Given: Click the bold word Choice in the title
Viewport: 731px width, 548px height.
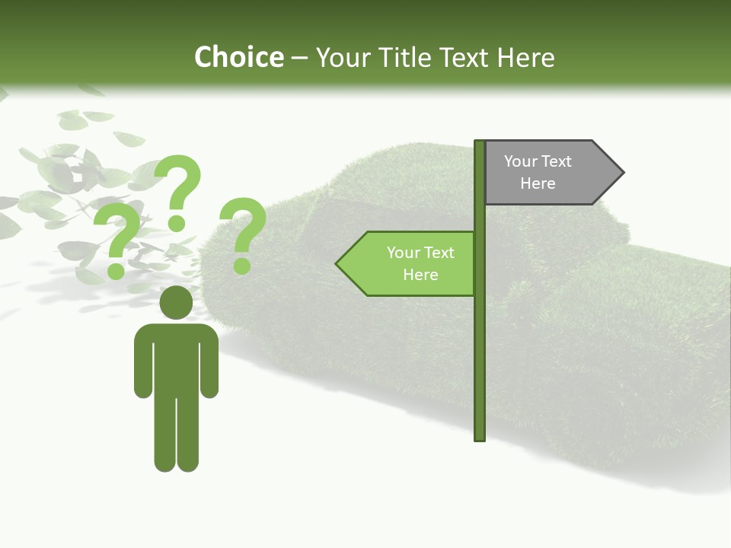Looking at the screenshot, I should [x=238, y=57].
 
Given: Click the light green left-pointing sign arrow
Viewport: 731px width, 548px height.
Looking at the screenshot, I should [x=408, y=263].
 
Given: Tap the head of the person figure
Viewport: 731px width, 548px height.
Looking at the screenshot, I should [x=176, y=302].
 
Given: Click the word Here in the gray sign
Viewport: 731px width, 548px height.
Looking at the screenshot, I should [x=538, y=183].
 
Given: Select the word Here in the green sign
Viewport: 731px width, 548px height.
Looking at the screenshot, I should [x=420, y=275].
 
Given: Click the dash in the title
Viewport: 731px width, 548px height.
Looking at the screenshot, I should [x=299, y=58].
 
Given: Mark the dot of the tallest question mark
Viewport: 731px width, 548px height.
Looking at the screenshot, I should [x=177, y=224].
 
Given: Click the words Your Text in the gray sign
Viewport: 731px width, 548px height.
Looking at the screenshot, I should [x=538, y=161].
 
